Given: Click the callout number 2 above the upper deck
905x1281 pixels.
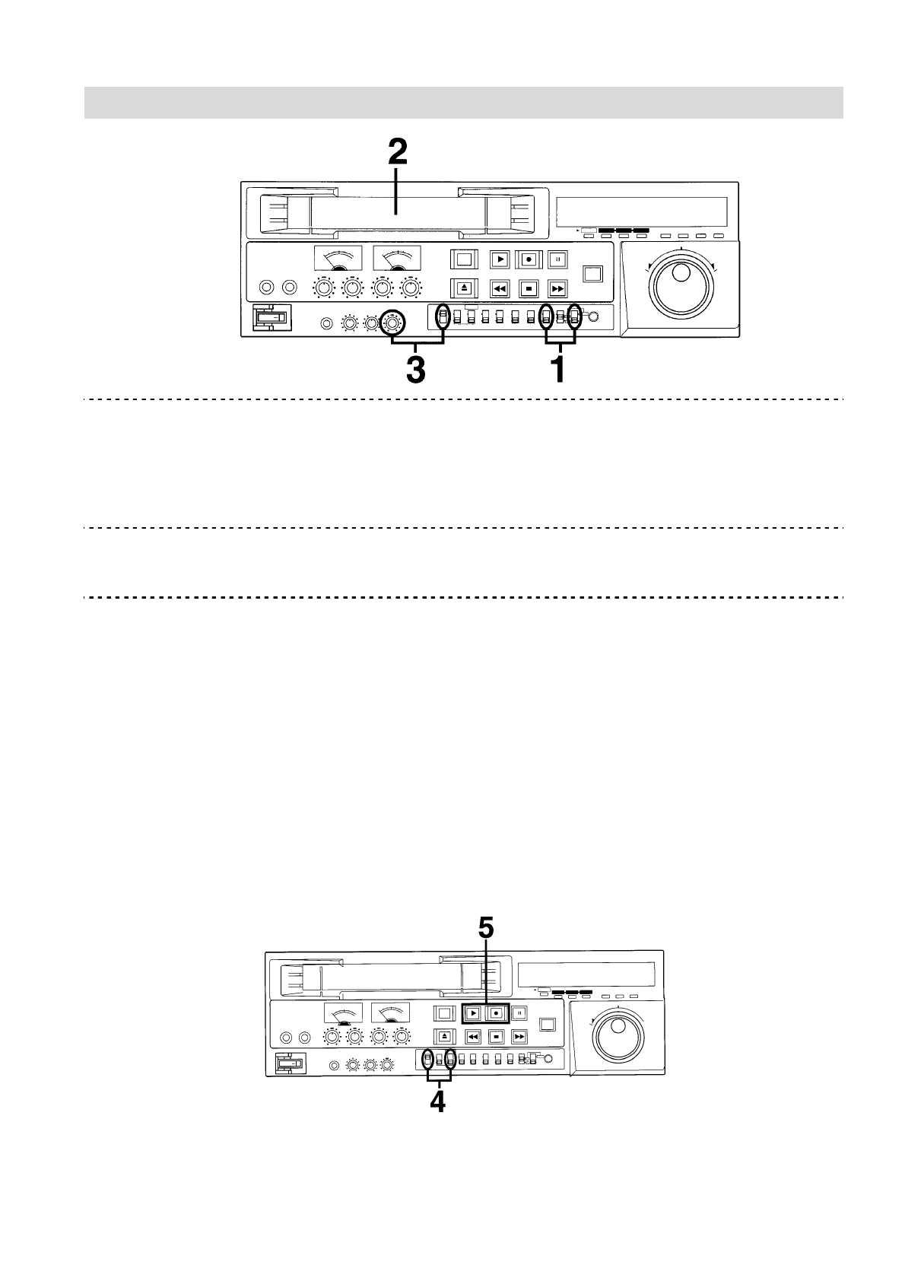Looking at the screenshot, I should pos(397,153).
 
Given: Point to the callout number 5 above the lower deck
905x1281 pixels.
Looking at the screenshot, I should pos(486,927).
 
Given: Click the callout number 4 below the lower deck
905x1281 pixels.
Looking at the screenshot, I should pos(439,1101).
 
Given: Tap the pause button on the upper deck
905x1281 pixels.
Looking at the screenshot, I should pos(557,259).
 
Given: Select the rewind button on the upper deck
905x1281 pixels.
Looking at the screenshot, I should pos(499,289).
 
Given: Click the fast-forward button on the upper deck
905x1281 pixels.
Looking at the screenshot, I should pos(557,289).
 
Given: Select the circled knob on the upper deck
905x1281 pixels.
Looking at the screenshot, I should pos(392,323).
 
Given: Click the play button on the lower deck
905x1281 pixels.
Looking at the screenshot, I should pos(473,1013).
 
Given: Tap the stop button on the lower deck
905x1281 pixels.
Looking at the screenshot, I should pos(496,1036).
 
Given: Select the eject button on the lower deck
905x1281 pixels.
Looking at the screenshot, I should pos(444,1036).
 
